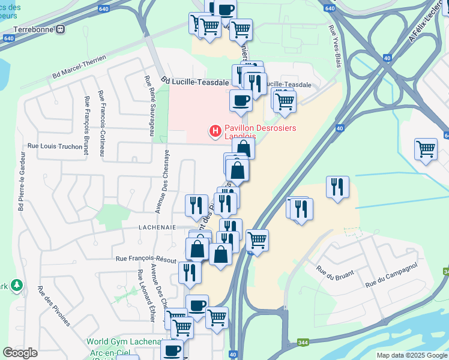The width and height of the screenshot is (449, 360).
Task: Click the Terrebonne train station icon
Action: (x=60, y=28)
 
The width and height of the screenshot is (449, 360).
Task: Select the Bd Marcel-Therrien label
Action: (x=79, y=67)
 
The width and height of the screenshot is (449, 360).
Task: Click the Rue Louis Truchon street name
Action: (x=55, y=146)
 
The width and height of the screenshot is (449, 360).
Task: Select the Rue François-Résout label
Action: (x=146, y=259)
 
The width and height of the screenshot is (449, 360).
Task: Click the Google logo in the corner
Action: (x=20, y=353)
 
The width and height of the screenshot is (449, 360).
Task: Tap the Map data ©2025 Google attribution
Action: (x=411, y=355)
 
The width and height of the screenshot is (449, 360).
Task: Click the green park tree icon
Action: (x=18, y=284)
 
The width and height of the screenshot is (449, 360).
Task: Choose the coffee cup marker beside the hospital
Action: (x=241, y=101)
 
